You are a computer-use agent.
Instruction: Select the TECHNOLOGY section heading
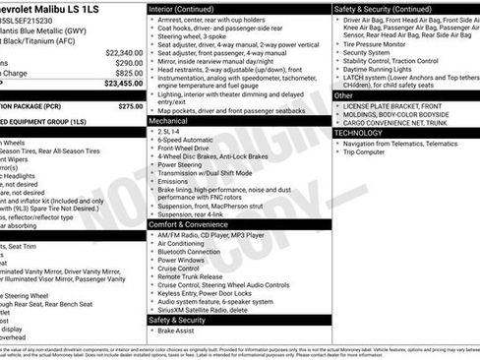(x=358, y=133)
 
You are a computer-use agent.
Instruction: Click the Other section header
(x=343, y=95)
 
